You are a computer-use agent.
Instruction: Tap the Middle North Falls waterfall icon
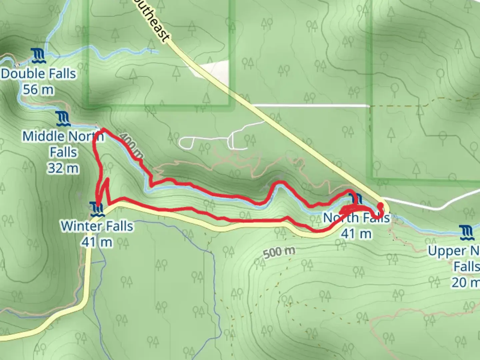tap(63, 119)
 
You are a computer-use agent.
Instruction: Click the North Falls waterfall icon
tap(356, 199)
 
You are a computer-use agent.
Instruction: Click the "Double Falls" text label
tap(38, 74)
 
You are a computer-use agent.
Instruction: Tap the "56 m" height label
tap(38, 90)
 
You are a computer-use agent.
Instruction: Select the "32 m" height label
tap(63, 168)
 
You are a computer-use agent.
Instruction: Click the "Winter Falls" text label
tap(97, 226)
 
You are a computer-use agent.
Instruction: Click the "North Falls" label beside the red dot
tap(356, 218)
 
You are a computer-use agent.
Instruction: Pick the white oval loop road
tap(186, 142)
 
